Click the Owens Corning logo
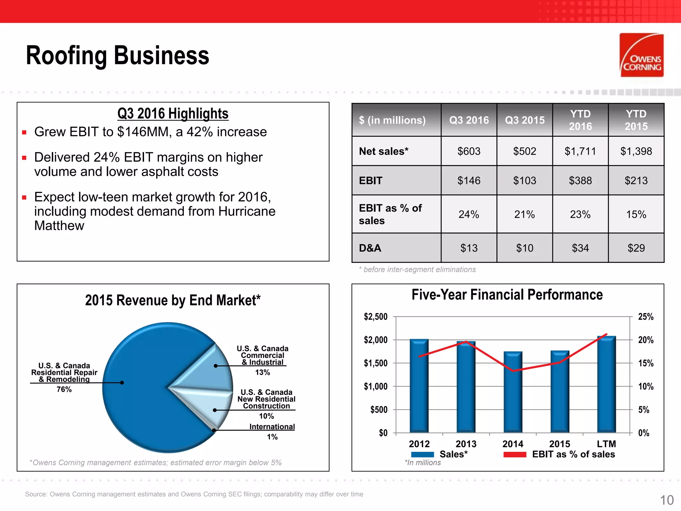(641, 55)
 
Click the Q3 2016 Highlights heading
(173, 113)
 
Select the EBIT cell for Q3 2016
(469, 181)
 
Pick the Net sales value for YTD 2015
(636, 151)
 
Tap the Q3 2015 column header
(525, 120)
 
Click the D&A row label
(370, 248)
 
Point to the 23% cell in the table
(580, 214)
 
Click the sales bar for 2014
(513, 393)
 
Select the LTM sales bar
(607, 386)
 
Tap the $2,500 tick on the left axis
(376, 317)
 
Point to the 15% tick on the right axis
(646, 363)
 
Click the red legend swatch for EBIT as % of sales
(515, 454)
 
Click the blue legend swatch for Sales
(422, 454)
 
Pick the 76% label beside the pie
(64, 389)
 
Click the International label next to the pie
(272, 426)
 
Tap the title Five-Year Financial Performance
(507, 295)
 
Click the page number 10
(666, 500)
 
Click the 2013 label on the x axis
(466, 444)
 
